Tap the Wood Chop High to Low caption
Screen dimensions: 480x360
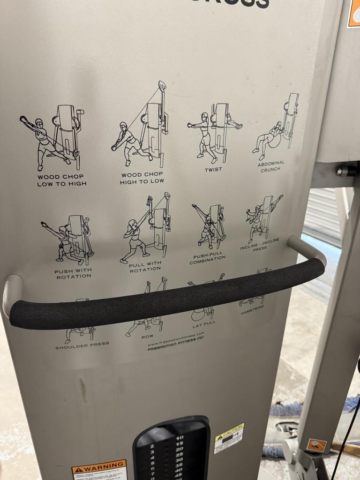[142, 178]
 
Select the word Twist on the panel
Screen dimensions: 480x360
[213, 169]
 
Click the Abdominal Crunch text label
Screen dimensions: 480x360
[271, 166]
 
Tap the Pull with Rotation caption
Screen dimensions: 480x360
[145, 266]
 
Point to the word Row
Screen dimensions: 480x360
[147, 337]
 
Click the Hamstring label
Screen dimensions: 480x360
[252, 309]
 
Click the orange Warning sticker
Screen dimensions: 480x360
[99, 470]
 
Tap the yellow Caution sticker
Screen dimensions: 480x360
[229, 438]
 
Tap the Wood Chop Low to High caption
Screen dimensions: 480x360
[62, 180]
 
